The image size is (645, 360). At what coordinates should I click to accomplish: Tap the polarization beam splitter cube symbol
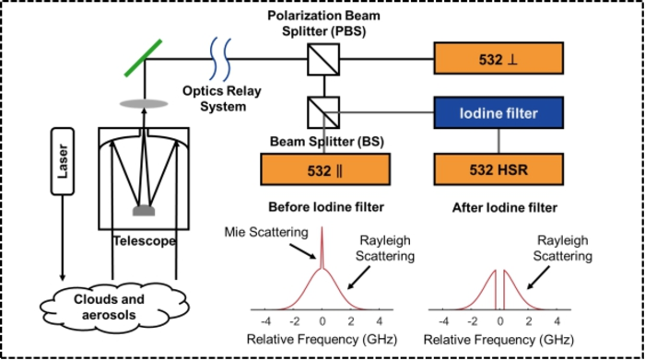coord(320,62)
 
